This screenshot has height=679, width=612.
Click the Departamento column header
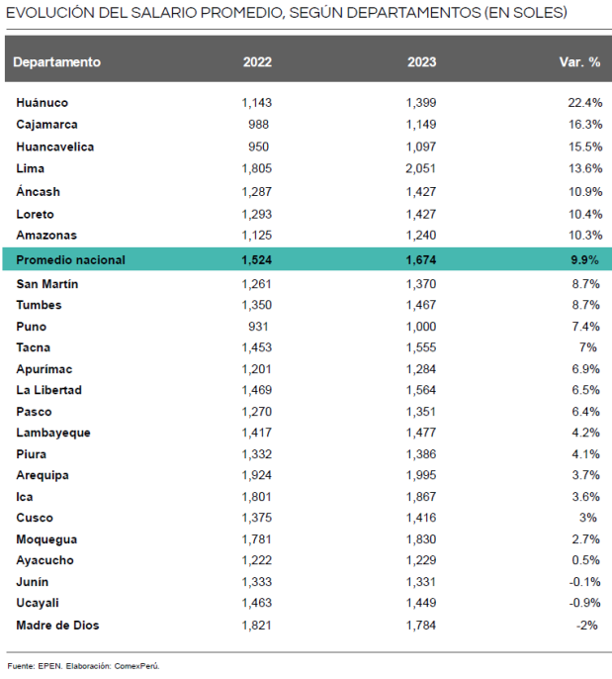(57, 61)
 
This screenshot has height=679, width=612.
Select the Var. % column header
(580, 61)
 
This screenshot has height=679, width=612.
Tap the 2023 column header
(421, 61)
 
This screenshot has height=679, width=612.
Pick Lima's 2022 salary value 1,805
(256, 168)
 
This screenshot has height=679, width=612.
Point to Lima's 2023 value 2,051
(421, 168)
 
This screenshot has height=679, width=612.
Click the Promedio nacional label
(71, 260)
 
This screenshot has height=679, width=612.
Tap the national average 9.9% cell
(585, 260)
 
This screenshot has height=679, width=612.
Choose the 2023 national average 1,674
(421, 260)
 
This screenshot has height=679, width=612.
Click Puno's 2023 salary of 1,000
(421, 327)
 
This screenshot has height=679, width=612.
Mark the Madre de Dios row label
(57, 625)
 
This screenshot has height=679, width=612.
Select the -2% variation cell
(589, 625)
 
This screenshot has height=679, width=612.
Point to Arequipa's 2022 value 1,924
(256, 475)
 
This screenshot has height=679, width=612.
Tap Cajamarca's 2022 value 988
(259, 125)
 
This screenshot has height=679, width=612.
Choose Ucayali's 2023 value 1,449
(421, 603)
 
